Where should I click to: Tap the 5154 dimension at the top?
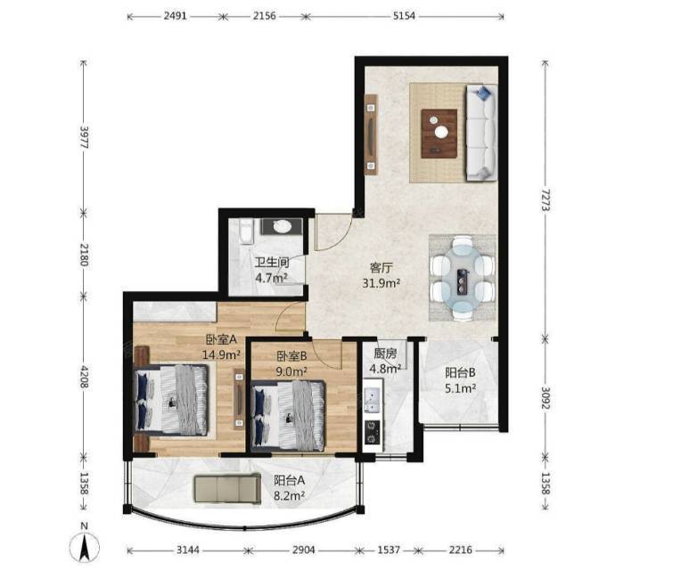(404, 16)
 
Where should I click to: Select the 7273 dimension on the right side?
(546, 199)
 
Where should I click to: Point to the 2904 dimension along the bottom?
(303, 550)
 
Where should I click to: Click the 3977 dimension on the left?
(84, 137)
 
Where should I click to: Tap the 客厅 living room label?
(382, 268)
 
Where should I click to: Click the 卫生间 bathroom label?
(272, 262)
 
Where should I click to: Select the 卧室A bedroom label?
(221, 339)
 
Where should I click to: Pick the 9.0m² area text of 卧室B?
(291, 371)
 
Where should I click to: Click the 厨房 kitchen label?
(385, 354)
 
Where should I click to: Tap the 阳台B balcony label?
(460, 372)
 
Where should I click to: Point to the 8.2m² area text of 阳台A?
(290, 496)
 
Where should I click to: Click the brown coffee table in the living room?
(439, 134)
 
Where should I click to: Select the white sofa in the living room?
(481, 133)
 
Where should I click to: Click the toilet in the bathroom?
(246, 232)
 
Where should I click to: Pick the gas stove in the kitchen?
(372, 432)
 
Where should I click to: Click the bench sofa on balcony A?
(227, 489)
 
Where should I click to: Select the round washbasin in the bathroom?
(283, 226)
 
